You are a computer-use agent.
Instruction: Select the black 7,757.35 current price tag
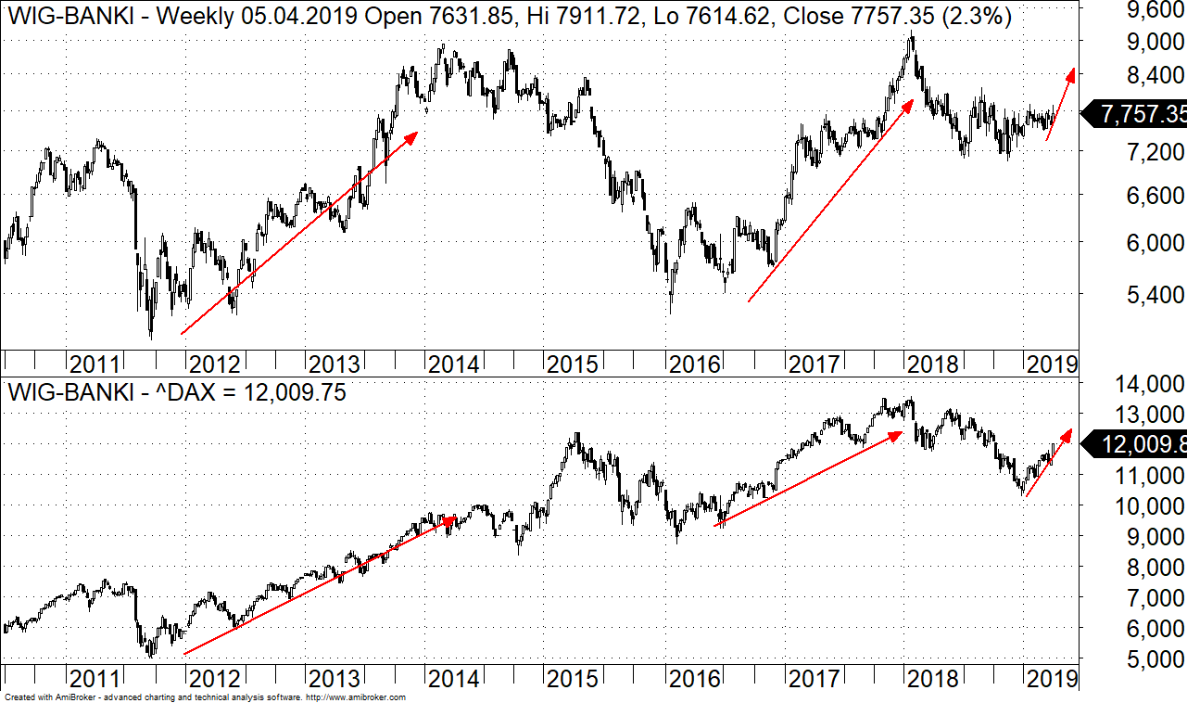click(1136, 114)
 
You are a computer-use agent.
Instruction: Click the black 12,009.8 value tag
click(1138, 445)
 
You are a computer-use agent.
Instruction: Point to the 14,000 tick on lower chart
click(1146, 384)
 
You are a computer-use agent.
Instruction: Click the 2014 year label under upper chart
click(453, 364)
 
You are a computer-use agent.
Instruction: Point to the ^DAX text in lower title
click(185, 392)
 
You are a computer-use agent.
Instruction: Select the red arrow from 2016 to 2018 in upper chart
click(830, 200)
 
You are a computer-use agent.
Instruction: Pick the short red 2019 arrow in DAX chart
click(1048, 462)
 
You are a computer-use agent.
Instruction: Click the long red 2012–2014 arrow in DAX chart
click(320, 586)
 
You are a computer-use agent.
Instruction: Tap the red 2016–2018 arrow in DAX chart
click(808, 478)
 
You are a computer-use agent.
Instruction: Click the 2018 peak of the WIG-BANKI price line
click(912, 34)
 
